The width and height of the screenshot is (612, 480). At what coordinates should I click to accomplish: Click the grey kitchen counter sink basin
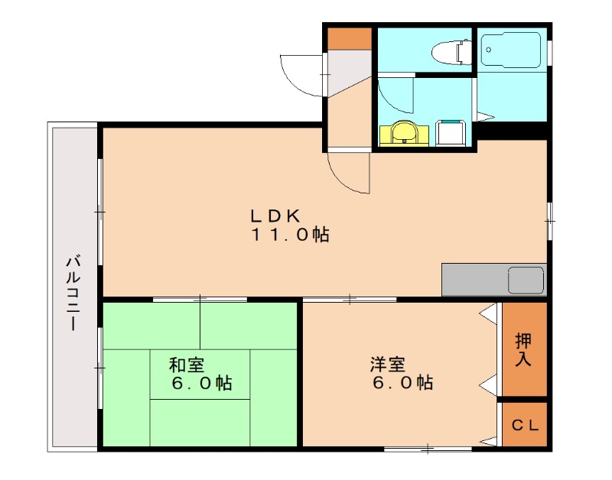pyautogui.click(x=526, y=280)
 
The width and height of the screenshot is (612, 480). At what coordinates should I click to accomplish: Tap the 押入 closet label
pyautogui.click(x=523, y=349)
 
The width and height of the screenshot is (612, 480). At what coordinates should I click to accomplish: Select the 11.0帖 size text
pyautogui.click(x=291, y=235)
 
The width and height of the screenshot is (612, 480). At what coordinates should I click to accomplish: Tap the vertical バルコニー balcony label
pyautogui.click(x=73, y=293)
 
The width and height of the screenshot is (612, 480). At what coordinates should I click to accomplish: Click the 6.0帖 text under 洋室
pyautogui.click(x=402, y=383)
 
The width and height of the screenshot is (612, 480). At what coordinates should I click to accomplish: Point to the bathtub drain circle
pyautogui.click(x=489, y=49)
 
